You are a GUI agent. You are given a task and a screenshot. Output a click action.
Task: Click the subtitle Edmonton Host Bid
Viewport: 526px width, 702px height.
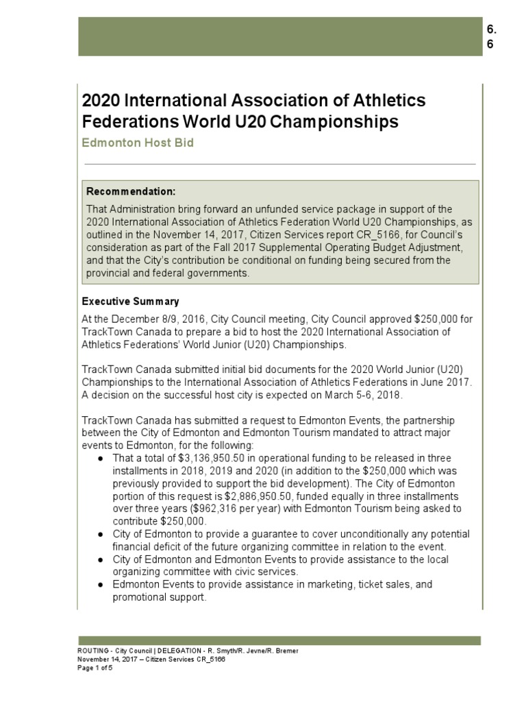point(138,143)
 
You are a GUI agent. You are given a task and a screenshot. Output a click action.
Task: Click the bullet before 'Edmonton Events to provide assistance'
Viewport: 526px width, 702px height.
point(101,585)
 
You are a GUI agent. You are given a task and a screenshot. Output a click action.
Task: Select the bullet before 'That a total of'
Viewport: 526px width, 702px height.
point(101,458)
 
